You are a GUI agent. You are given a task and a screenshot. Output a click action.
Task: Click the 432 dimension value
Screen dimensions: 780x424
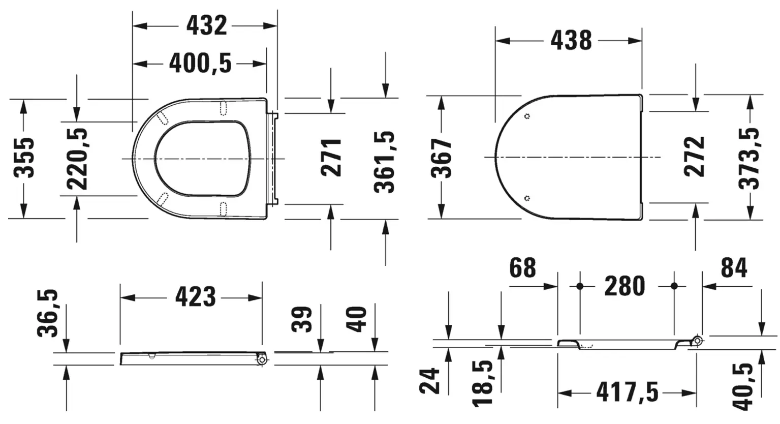pos(206,25)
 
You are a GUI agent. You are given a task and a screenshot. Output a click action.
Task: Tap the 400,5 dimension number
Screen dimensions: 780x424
pos(200,64)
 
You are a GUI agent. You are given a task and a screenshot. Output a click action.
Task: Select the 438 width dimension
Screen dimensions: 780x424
pos(571,40)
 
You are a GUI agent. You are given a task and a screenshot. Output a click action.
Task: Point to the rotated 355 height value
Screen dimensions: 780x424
pos(24,158)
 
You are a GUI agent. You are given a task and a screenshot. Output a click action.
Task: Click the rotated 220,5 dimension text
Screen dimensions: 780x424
pos(77,159)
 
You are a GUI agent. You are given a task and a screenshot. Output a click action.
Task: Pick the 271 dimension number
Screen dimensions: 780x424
pos(331,158)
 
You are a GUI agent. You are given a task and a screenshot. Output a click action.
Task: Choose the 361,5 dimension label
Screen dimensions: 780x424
pos(385,162)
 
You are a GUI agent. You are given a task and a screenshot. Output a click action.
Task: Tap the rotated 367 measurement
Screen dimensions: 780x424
pos(441,158)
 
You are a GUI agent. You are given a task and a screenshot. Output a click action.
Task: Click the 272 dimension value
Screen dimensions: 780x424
pos(694,157)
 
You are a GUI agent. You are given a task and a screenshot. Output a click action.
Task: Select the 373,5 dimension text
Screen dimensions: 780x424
pos(750,159)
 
